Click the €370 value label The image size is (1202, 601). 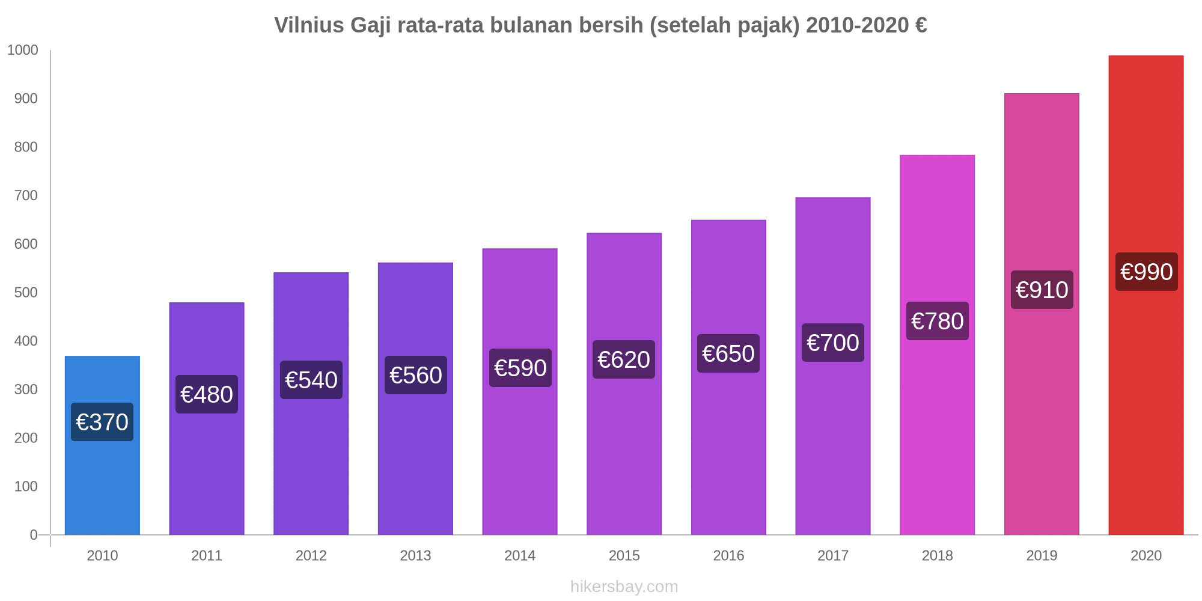(102, 422)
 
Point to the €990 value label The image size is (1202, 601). (1146, 272)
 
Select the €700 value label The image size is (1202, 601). (832, 343)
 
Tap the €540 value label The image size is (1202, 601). (311, 380)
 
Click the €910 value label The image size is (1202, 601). (1042, 290)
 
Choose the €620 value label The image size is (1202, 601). (623, 359)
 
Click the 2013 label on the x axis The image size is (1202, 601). (415, 555)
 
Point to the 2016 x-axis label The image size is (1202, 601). (728, 555)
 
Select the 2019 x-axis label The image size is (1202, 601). (1042, 555)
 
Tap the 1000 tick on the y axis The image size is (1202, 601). (22, 50)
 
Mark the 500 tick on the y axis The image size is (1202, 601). (26, 293)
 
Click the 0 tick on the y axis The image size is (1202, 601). (34, 535)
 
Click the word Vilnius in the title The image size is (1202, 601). (309, 25)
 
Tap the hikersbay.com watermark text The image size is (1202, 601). (624, 586)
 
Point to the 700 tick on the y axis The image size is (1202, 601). (26, 195)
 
